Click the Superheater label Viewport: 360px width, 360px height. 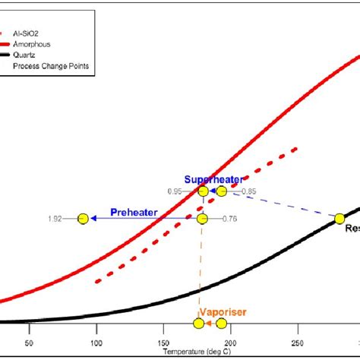coord(218,179)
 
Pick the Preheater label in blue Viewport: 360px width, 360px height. coord(134,213)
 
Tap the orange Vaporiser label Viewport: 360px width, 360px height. coord(223,311)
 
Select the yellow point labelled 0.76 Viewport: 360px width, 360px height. coord(202,219)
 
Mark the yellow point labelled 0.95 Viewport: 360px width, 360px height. coord(204,191)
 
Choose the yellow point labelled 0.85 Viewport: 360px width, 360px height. coord(221,191)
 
